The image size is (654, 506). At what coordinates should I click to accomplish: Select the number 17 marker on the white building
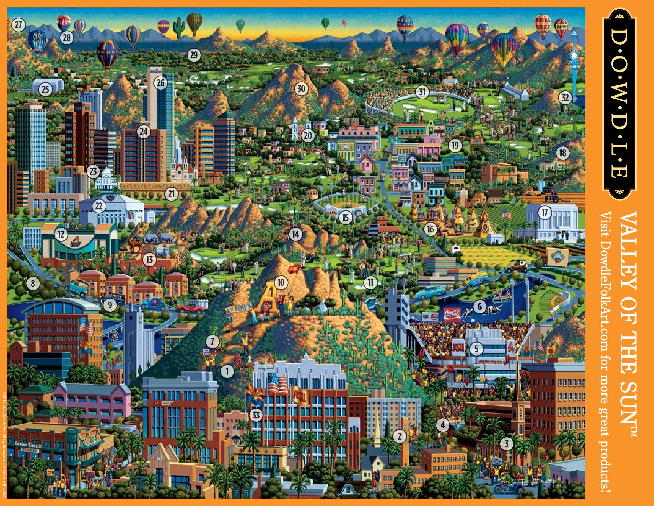[x=544, y=213]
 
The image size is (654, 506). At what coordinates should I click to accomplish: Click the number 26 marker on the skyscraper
[x=161, y=83]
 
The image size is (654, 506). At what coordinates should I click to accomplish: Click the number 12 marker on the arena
[x=61, y=234]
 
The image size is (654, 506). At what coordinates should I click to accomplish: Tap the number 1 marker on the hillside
[x=228, y=371]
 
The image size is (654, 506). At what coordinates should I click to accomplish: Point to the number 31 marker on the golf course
[x=422, y=92]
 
